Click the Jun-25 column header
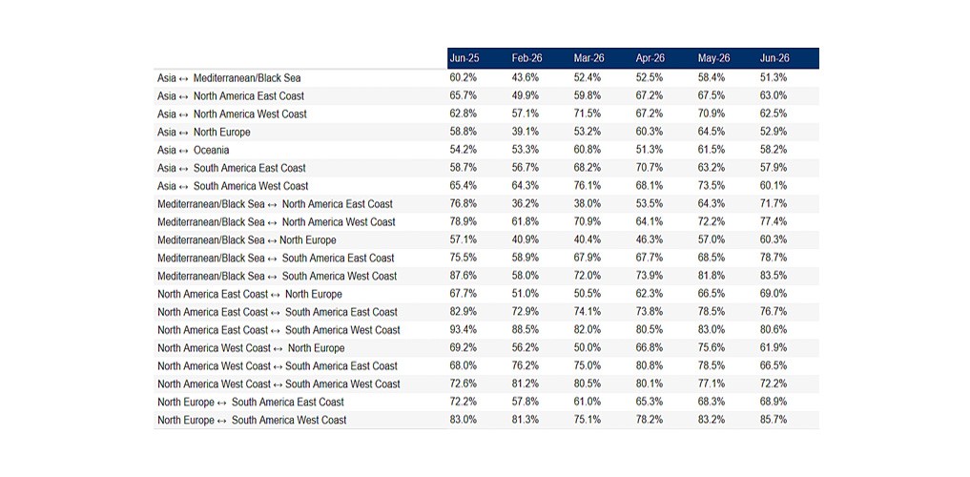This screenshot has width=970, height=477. (464, 58)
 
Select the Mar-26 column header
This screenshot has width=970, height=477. (588, 58)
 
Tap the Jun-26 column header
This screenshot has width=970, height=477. (774, 58)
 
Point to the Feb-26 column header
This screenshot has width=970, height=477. (526, 58)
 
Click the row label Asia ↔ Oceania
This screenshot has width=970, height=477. (193, 150)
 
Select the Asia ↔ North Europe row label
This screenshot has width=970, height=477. (203, 132)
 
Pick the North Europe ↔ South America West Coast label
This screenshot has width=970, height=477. (252, 420)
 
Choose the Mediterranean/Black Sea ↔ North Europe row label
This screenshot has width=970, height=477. (247, 240)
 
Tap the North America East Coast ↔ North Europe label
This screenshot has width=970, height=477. (249, 294)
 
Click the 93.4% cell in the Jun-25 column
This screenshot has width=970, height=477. (463, 330)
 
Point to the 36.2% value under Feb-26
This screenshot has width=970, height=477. (526, 204)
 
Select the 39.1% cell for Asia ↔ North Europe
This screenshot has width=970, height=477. (526, 132)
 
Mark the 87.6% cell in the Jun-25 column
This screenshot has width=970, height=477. (463, 276)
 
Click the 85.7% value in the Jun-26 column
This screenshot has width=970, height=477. (774, 420)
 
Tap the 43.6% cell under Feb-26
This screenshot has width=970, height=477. (526, 78)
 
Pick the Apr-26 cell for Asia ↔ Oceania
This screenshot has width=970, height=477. (650, 150)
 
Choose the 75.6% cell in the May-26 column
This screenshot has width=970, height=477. (712, 347)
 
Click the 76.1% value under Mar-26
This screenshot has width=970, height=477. (588, 186)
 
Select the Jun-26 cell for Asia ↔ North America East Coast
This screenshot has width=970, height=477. (774, 96)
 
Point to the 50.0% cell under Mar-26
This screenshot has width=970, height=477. (588, 347)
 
